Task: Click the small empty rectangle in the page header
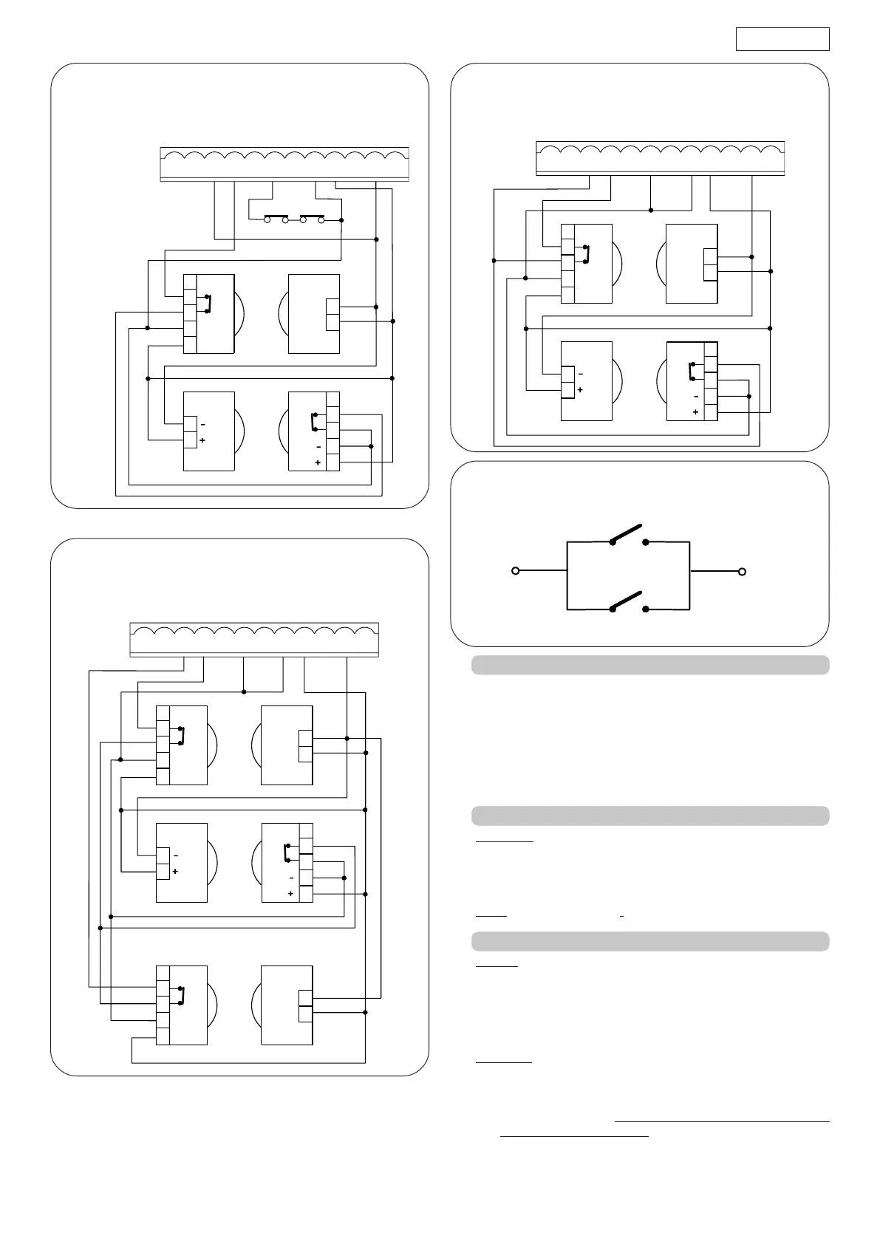click(x=782, y=39)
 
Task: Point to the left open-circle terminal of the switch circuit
click(x=516, y=571)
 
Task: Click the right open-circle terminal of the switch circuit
click(x=742, y=571)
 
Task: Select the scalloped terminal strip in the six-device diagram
click(x=254, y=639)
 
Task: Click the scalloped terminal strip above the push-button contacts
click(x=284, y=163)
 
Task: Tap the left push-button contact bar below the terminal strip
click(x=276, y=216)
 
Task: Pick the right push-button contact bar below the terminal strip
click(x=312, y=216)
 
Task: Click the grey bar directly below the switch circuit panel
click(x=650, y=665)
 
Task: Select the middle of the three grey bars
click(x=650, y=816)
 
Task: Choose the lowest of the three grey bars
click(x=650, y=941)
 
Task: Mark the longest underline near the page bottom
click(x=722, y=1122)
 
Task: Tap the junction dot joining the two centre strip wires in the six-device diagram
click(x=244, y=691)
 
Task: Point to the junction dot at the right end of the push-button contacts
click(x=341, y=219)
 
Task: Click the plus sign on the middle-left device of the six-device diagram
click(x=175, y=872)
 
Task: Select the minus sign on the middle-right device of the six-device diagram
click(x=291, y=878)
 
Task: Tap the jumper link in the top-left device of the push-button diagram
click(x=209, y=304)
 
